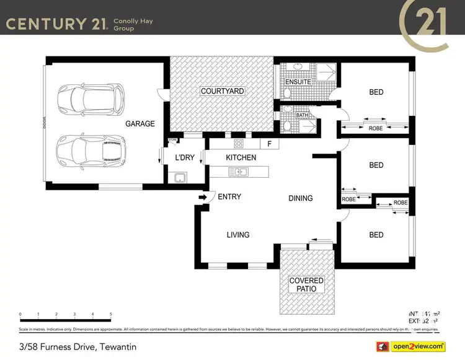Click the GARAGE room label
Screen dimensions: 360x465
click(140, 124)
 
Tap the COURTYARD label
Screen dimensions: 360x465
click(222, 91)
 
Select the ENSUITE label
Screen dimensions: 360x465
click(298, 82)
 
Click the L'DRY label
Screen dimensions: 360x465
click(185, 158)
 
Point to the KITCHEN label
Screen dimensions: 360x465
click(241, 158)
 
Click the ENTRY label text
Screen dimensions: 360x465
click(229, 197)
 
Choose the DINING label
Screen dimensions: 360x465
click(301, 198)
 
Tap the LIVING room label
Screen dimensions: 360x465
click(238, 235)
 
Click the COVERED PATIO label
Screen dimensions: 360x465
click(306, 285)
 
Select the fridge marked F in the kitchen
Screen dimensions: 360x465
click(269, 144)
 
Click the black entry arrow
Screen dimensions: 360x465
click(202, 198)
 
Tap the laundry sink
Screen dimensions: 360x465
click(179, 177)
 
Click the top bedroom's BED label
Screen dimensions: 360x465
click(376, 92)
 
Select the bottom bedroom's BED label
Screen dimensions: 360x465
click(376, 235)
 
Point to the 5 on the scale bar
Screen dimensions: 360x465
click(111, 314)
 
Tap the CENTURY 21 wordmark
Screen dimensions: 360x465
click(56, 24)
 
